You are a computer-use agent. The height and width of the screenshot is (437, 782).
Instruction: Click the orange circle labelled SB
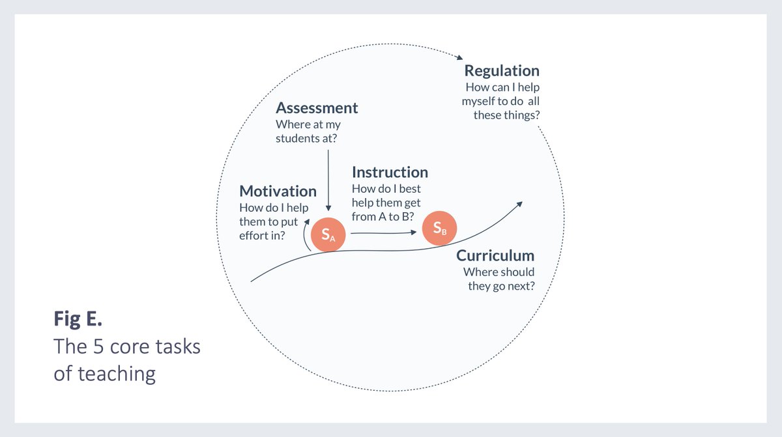pyautogui.click(x=439, y=227)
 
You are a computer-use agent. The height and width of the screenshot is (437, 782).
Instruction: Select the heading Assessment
pyautogui.click(x=317, y=107)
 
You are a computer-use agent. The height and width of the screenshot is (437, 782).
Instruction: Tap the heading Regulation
pyautogui.click(x=501, y=71)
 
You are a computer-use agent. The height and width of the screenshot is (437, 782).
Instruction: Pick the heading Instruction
pyautogui.click(x=390, y=173)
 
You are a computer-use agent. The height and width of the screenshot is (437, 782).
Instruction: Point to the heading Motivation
pyautogui.click(x=278, y=191)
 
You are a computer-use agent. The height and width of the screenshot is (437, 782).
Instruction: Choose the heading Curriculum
pyautogui.click(x=495, y=255)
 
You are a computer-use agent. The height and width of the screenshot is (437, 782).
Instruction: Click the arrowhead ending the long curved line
pyautogui.click(x=519, y=204)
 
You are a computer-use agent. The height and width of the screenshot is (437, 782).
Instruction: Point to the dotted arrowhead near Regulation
pyautogui.click(x=459, y=57)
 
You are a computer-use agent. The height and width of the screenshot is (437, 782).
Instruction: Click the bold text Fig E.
pyautogui.click(x=78, y=319)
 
